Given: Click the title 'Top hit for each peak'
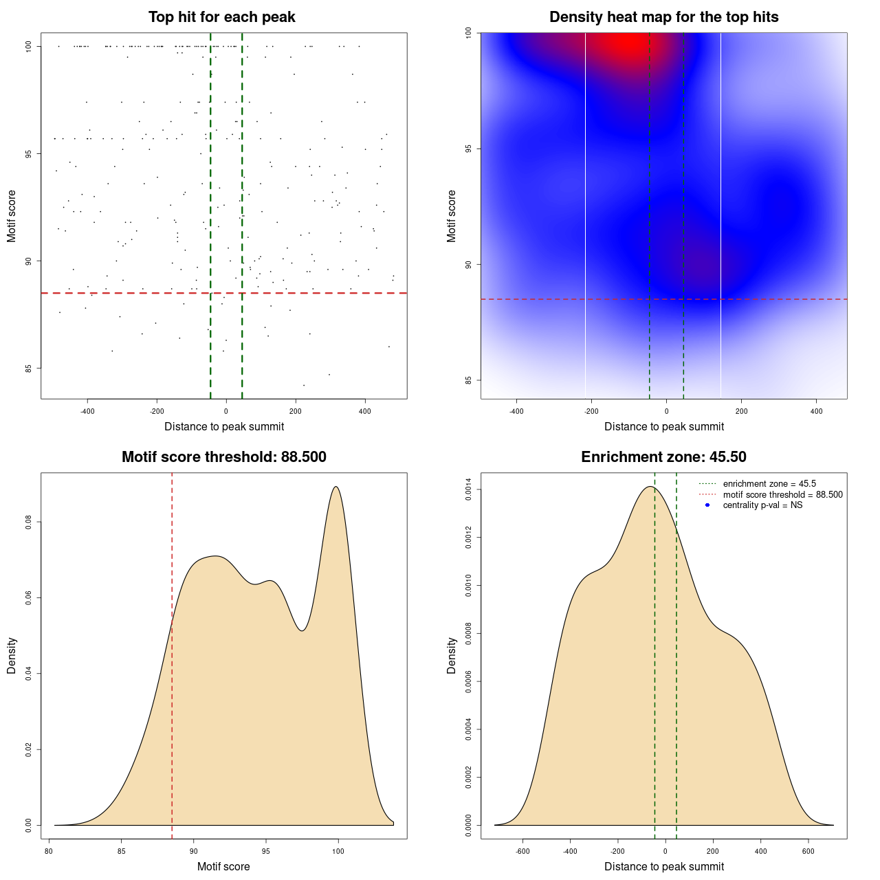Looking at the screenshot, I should (x=222, y=17).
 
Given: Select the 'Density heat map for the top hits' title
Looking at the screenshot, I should (x=663, y=17).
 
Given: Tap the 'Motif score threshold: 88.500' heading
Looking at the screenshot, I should (x=223, y=457).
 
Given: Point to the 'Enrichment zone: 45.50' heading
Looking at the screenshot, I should (x=663, y=457).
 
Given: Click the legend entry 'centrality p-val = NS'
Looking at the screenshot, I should (x=762, y=505).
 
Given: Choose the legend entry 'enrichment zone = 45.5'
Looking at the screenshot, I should (x=769, y=484).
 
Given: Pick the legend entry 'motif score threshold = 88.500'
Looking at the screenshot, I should (x=782, y=495).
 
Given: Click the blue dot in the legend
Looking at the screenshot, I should (x=707, y=505).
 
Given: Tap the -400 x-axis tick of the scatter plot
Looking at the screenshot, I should (x=87, y=411).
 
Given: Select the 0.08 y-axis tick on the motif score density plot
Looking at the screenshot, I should (x=29, y=522).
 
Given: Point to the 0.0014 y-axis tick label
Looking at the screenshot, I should (x=469, y=489).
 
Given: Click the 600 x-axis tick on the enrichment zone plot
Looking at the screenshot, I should (x=808, y=851).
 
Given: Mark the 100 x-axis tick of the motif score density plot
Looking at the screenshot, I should (x=338, y=851).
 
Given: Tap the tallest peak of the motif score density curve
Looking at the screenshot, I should (x=335, y=487).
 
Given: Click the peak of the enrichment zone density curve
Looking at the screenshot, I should (x=650, y=487).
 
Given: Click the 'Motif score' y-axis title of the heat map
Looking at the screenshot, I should (x=452, y=216).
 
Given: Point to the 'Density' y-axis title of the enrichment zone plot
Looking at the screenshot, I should (x=452, y=655).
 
